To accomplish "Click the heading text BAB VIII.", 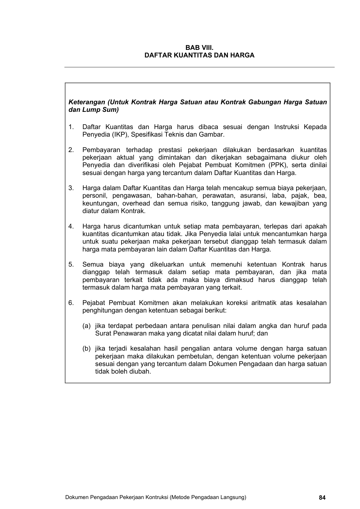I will (x=199, y=48).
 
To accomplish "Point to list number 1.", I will (x=71, y=127).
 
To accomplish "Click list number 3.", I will (x=71, y=188).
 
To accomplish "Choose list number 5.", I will (x=71, y=264).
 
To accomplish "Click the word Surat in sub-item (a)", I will (x=103, y=333).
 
